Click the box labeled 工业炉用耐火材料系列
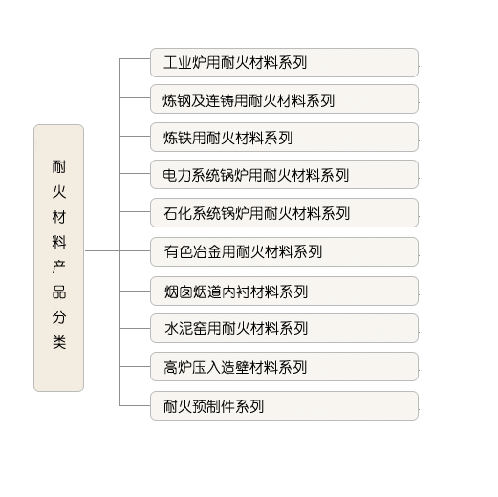(x=284, y=62)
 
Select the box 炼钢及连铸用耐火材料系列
(x=284, y=98)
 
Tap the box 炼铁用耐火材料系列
(x=284, y=137)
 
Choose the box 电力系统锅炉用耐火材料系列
(x=284, y=174)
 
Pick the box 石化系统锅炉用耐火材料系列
(x=284, y=212)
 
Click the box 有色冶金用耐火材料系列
(x=284, y=251)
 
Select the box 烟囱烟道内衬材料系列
(x=284, y=291)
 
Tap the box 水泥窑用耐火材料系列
(x=284, y=328)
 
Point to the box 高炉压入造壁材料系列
(x=284, y=366)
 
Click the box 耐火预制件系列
(x=284, y=405)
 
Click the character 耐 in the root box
(x=59, y=166)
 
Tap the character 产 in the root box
(x=59, y=267)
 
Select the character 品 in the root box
(x=59, y=292)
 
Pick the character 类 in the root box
(x=59, y=342)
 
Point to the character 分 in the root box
(x=59, y=317)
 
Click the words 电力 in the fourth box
(x=177, y=175)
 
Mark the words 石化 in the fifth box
(x=178, y=213)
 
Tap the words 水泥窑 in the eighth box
(x=185, y=329)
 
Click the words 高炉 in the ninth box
(x=178, y=367)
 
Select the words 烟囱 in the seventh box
(x=178, y=292)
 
